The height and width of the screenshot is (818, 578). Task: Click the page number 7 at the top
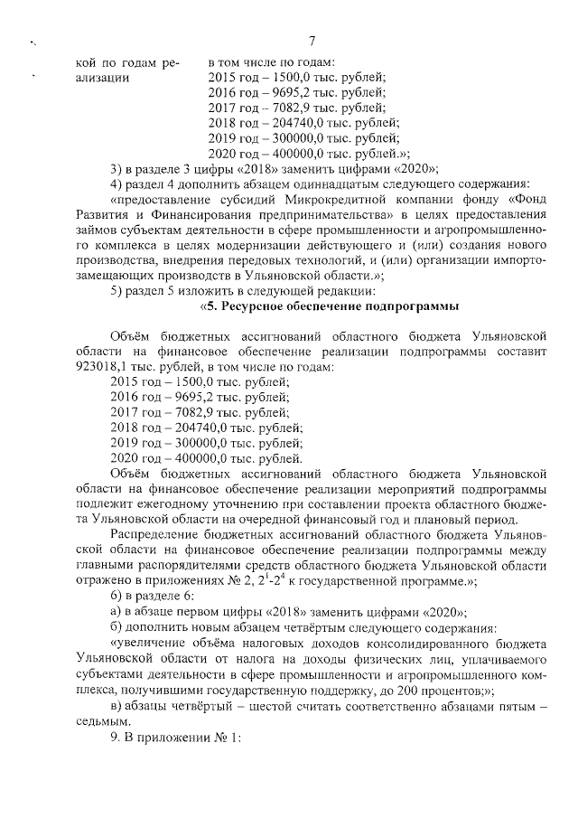pos(310,41)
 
